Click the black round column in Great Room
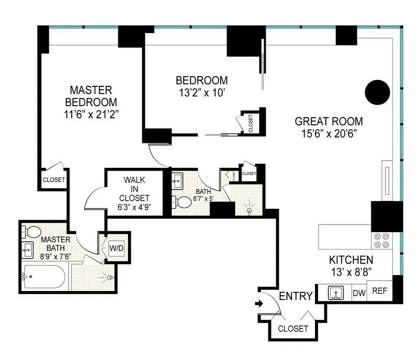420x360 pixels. (377, 92)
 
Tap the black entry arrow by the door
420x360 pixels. (259, 304)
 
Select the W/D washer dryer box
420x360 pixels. (115, 248)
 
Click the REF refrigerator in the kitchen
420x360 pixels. (379, 291)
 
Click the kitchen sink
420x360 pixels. (336, 293)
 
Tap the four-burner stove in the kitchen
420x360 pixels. (381, 240)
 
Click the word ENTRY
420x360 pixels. (296, 296)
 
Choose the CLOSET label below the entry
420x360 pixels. (293, 328)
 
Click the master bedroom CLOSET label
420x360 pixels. (54, 180)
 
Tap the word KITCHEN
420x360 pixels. (351, 260)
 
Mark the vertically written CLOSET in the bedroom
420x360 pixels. (251, 123)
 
